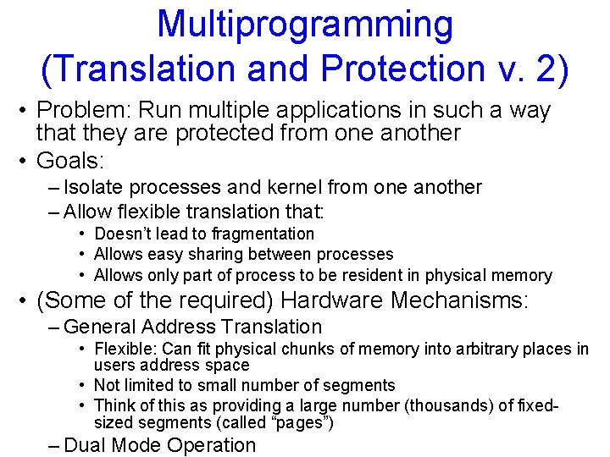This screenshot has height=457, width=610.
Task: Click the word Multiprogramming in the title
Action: point(305,25)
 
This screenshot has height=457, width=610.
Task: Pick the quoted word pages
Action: point(303,422)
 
